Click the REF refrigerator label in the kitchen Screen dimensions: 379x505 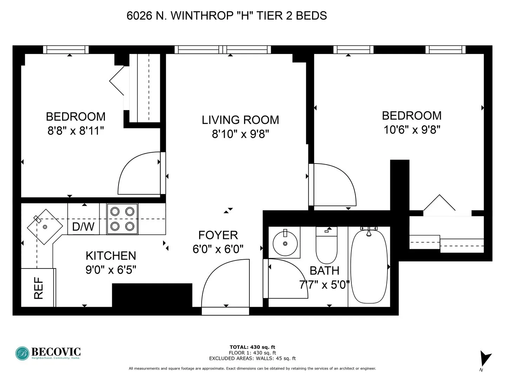(38, 288)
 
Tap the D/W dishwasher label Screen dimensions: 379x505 (83, 226)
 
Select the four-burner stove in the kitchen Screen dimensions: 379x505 (122, 219)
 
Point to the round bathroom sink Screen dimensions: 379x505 (285, 243)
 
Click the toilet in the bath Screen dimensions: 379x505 (326, 246)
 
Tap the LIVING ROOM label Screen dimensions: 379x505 (240, 120)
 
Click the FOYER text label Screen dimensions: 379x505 (218, 235)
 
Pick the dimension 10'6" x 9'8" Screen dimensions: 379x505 (412, 130)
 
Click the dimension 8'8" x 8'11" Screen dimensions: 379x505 (76, 131)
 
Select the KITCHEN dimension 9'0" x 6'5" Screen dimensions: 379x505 (111, 270)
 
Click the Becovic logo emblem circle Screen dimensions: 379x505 (22, 353)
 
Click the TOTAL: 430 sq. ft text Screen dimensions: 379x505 (252, 347)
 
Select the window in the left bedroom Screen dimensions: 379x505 (66, 50)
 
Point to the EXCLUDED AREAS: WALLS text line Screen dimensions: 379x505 (252, 358)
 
